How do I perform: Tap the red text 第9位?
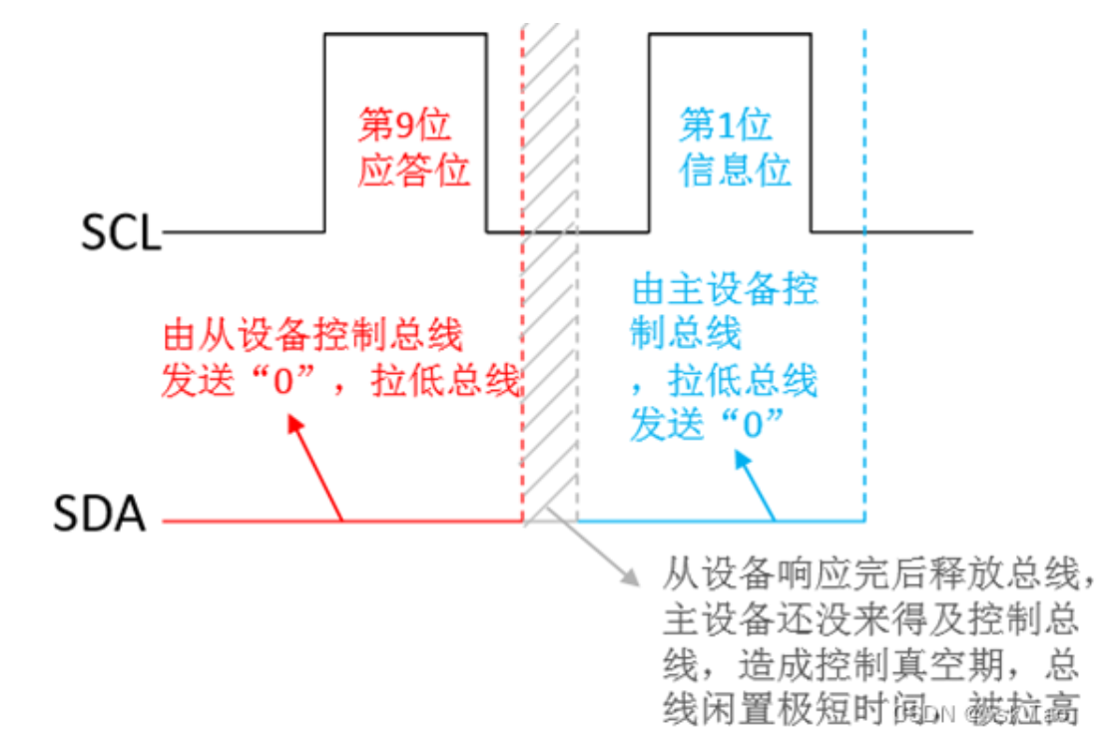[404, 126]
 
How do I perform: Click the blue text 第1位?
[726, 126]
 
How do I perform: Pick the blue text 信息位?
[735, 171]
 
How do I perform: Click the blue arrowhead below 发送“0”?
[740, 460]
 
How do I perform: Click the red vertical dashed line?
[522, 299]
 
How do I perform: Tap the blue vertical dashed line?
[864, 299]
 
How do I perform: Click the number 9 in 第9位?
[405, 126]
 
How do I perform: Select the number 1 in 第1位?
[727, 126]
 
